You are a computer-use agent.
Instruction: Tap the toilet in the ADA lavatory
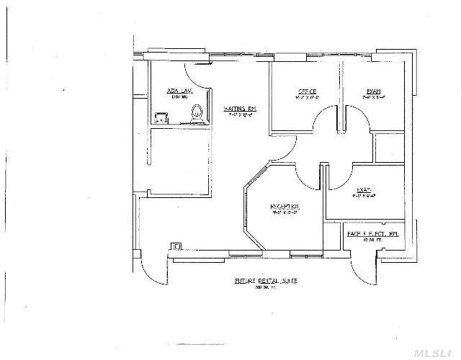tap(195, 112)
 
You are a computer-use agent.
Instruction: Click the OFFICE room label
tap(308, 91)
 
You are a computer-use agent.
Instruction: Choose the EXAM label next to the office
tap(373, 91)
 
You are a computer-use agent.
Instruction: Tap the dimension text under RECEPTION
tap(285, 213)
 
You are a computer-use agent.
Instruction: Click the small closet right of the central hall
tap(388, 147)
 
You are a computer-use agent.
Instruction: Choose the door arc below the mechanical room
tap(364, 271)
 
